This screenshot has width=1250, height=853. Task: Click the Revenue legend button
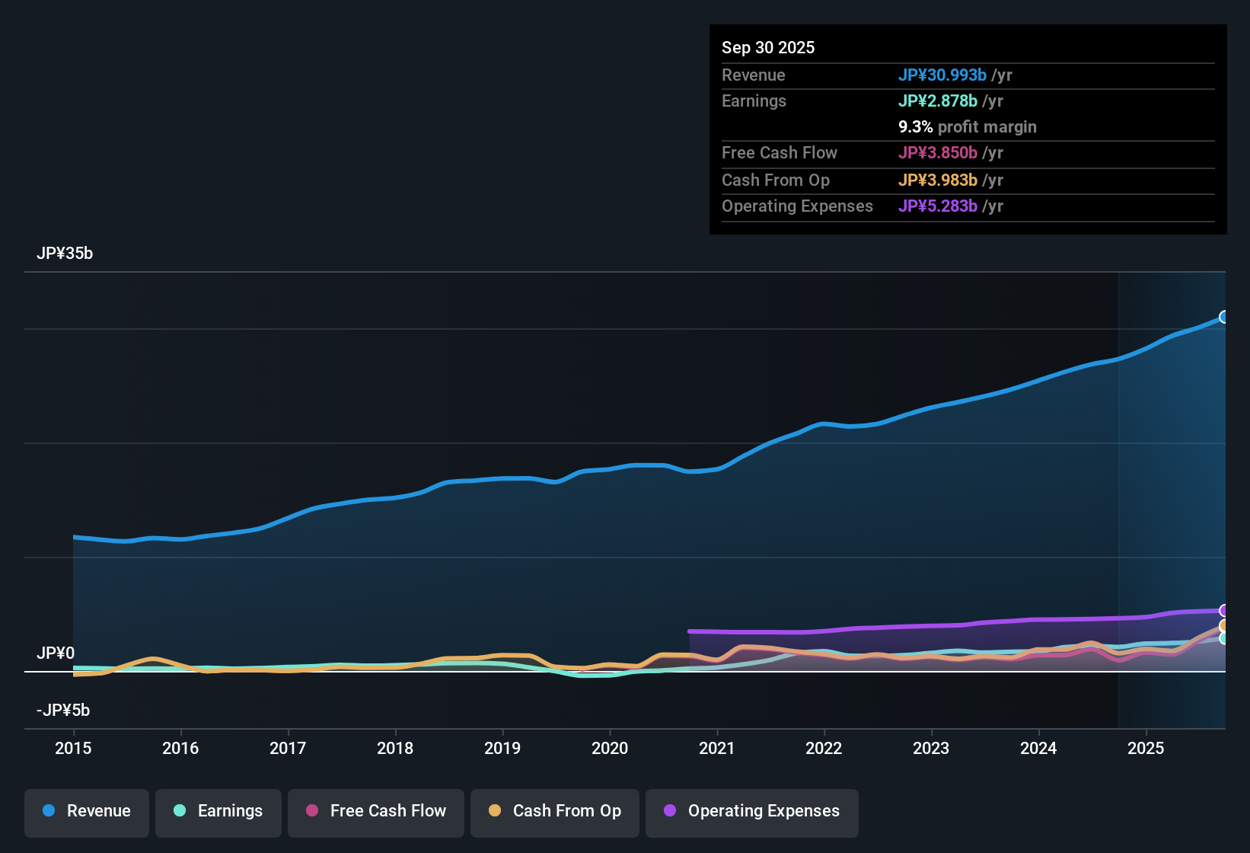87,811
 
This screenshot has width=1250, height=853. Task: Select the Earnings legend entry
218,811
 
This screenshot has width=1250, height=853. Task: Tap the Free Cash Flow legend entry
376,811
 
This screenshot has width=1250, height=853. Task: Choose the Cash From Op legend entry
555,811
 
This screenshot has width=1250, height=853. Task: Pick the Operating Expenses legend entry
752,811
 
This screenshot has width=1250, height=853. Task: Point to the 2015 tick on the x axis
73,748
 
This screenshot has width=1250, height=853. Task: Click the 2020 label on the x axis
610,748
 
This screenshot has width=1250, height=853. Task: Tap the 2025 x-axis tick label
1146,748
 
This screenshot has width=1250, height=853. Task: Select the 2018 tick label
395,748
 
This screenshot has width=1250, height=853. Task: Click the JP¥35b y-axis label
65,254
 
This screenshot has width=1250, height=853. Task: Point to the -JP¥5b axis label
63,711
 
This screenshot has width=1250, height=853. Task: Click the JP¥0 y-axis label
56,653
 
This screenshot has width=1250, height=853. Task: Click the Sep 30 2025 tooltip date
768,47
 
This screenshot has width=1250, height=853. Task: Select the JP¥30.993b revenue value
942,75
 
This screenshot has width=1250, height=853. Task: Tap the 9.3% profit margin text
968,127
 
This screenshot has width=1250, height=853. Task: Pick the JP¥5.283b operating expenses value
938,206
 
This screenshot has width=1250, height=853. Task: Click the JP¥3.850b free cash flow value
938,153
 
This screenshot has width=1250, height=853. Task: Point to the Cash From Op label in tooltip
776,181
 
